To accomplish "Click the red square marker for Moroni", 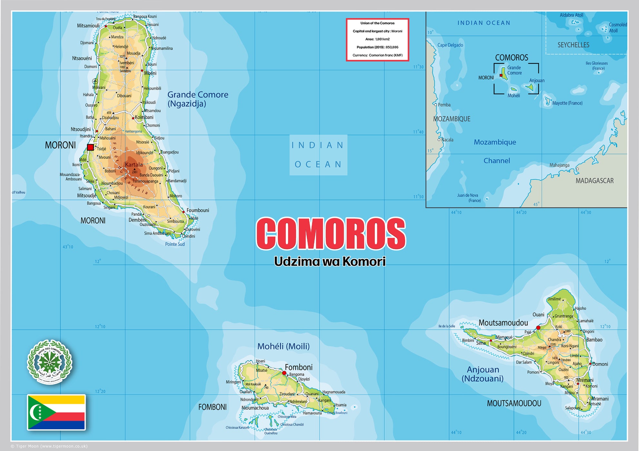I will click(x=90, y=147).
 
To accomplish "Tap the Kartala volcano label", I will click(x=134, y=165).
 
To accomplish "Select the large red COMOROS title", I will click(x=331, y=234).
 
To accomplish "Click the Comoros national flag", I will click(x=56, y=412).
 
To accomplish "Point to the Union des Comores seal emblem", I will click(x=50, y=362).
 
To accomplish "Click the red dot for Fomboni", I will click(x=284, y=373).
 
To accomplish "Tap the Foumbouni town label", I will click(x=198, y=210).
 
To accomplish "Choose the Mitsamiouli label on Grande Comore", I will click(x=88, y=26).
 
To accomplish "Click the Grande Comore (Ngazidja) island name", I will click(x=198, y=99).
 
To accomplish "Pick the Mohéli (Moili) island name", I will click(x=283, y=346).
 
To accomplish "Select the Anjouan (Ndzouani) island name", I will click(x=483, y=374).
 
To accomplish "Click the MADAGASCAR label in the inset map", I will click(x=595, y=181).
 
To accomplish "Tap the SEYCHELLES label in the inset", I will click(x=573, y=45).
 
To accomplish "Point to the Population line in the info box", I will click(x=377, y=47).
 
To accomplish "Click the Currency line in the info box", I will click(x=377, y=55).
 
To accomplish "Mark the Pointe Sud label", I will click(x=175, y=244).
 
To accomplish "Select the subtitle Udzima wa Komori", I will click(x=330, y=261).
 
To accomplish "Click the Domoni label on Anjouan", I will click(x=600, y=364).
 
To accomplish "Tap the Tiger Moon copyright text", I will click(x=49, y=446).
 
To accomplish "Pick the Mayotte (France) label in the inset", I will click(x=567, y=103).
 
